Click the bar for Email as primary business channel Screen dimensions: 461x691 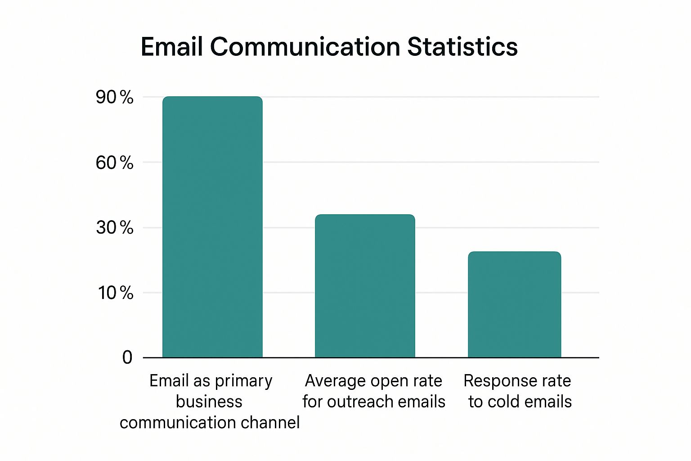pyautogui.click(x=212, y=227)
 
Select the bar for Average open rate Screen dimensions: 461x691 pyautogui.click(x=365, y=286)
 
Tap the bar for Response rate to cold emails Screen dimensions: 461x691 pyautogui.click(x=514, y=304)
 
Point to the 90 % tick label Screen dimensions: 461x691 pyautogui.click(x=114, y=97)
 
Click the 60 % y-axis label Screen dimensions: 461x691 pyautogui.click(x=114, y=163)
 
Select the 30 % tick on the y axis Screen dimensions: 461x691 pyautogui.click(x=114, y=228)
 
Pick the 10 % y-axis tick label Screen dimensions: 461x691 pyautogui.click(x=115, y=293)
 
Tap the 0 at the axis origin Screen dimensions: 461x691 pyautogui.click(x=127, y=357)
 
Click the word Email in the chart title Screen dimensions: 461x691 pyautogui.click(x=172, y=47)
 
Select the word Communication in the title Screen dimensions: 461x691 pyautogui.click(x=305, y=47)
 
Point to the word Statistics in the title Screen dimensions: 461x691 pyautogui.click(x=462, y=47)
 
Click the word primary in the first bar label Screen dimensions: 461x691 pyautogui.click(x=243, y=381)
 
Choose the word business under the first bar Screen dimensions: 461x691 pyautogui.click(x=209, y=402)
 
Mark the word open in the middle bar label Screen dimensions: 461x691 pyautogui.click(x=390, y=381)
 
